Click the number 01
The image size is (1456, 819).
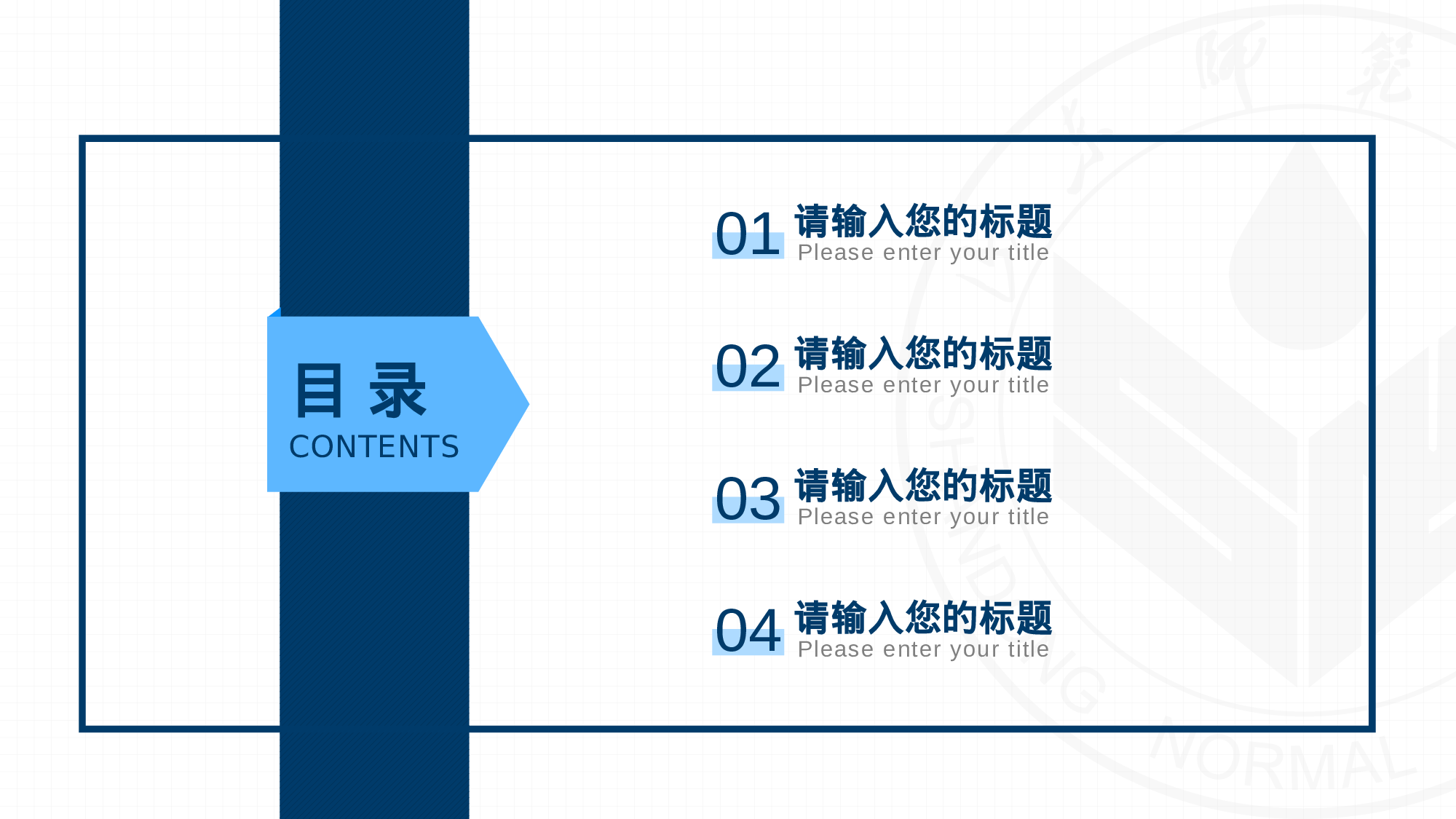tap(748, 234)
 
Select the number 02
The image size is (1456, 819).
tap(748, 367)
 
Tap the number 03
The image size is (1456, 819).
tap(748, 499)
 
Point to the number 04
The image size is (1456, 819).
tap(748, 631)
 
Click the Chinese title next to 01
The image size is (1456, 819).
tap(923, 221)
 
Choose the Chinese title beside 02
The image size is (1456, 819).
tap(923, 354)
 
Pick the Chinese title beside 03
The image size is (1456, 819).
tap(923, 486)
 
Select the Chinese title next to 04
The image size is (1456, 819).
tap(923, 618)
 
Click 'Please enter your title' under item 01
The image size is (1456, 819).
tap(923, 253)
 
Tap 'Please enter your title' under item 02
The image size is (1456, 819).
tap(923, 385)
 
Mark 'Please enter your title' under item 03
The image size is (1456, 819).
tap(923, 517)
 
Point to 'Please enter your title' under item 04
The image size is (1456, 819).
tap(923, 649)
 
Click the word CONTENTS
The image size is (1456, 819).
tap(374, 447)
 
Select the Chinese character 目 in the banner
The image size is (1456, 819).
tap(319, 391)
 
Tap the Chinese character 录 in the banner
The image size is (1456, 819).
tap(397, 391)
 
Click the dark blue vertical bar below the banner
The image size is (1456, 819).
tap(374, 655)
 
